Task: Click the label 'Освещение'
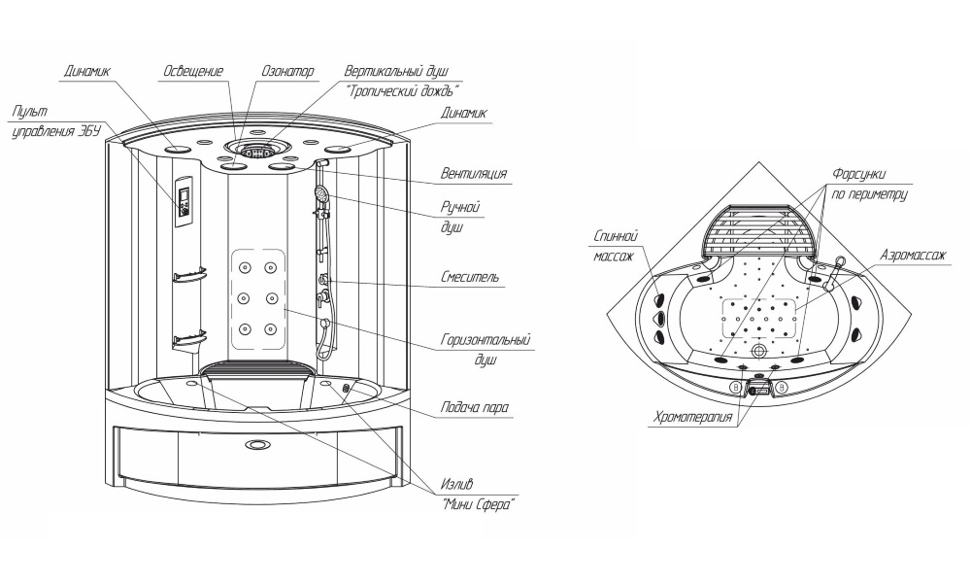[x=194, y=72]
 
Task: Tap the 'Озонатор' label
[x=288, y=72]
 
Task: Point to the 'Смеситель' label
[x=470, y=278]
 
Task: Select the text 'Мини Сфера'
[x=477, y=505]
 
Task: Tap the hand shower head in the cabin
[x=318, y=194]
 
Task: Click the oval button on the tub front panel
[x=259, y=447]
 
